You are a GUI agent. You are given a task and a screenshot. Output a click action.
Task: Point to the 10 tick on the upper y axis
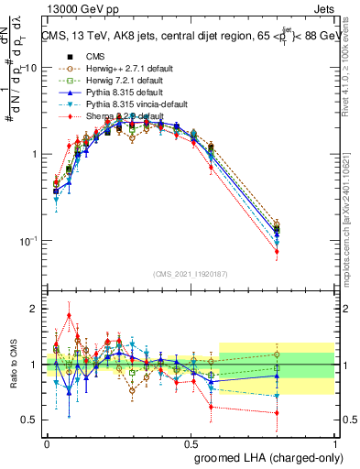(x=31, y=68)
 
